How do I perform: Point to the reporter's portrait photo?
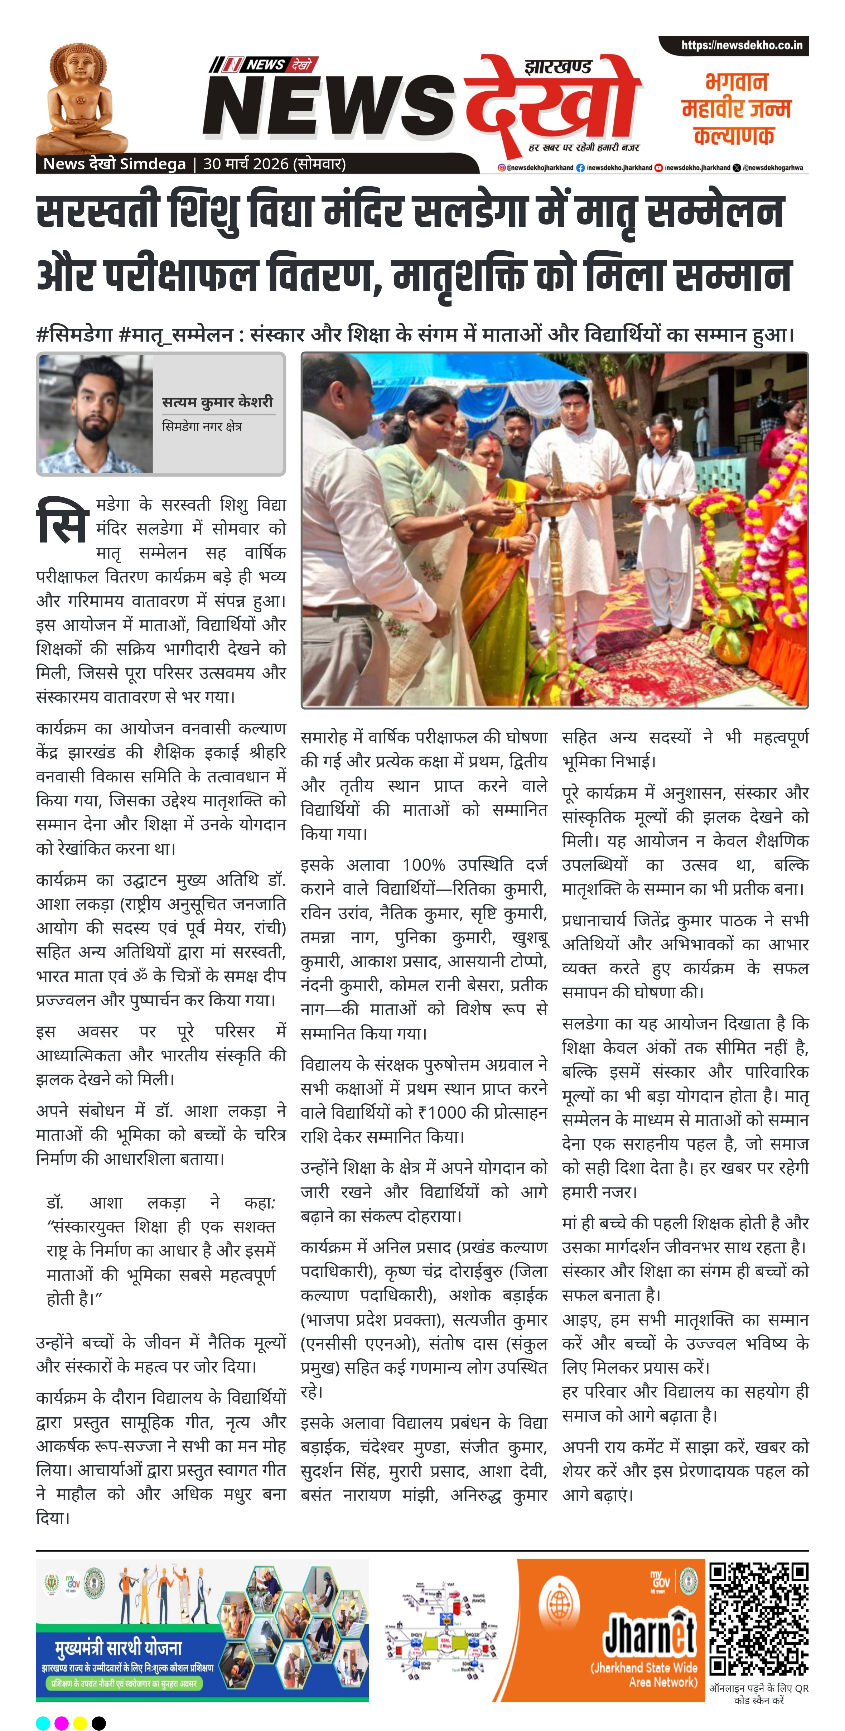(x=95, y=413)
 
